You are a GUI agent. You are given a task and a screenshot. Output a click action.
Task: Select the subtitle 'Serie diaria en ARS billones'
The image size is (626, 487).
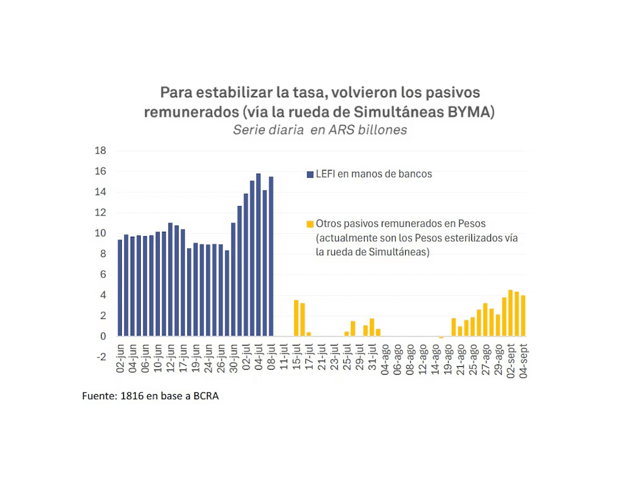319,130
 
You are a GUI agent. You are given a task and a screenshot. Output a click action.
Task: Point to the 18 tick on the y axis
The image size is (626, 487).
100,150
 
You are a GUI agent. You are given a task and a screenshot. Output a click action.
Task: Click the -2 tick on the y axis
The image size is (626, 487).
100,357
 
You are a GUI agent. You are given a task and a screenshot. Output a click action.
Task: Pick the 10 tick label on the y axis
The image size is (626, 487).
100,233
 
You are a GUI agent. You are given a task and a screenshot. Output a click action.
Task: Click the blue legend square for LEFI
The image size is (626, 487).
309,174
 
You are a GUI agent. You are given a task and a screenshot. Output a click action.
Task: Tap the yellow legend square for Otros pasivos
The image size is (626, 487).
309,224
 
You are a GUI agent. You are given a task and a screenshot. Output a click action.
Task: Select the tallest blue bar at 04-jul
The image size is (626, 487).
258,255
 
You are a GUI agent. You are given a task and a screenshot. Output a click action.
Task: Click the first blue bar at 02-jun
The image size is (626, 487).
120,287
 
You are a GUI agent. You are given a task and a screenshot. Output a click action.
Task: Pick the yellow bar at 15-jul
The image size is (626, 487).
296,318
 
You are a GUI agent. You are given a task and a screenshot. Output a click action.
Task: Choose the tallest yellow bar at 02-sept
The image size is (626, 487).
510,313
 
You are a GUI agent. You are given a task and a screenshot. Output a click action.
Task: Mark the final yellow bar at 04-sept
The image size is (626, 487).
523,315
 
